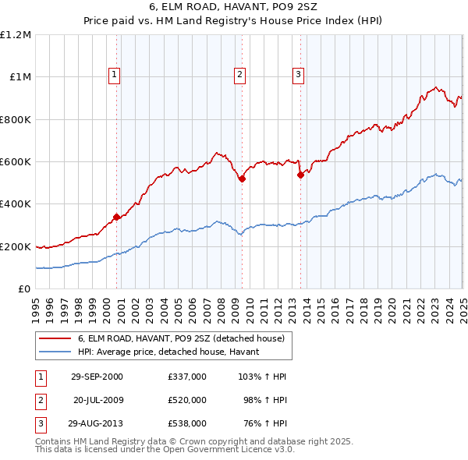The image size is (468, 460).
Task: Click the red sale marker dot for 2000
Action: click(x=116, y=216)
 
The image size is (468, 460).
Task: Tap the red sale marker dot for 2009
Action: click(x=242, y=179)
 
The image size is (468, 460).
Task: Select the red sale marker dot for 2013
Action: click(x=300, y=175)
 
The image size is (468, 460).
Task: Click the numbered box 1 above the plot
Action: click(x=114, y=75)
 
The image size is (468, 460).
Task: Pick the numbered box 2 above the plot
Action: click(x=239, y=75)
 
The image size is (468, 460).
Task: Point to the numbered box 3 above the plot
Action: click(x=298, y=75)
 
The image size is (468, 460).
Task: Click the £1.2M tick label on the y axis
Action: click(x=16, y=35)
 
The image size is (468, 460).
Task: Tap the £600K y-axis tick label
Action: click(x=16, y=161)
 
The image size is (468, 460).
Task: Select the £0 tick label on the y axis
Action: click(x=24, y=288)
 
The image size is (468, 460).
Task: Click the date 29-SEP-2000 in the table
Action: click(x=96, y=376)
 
